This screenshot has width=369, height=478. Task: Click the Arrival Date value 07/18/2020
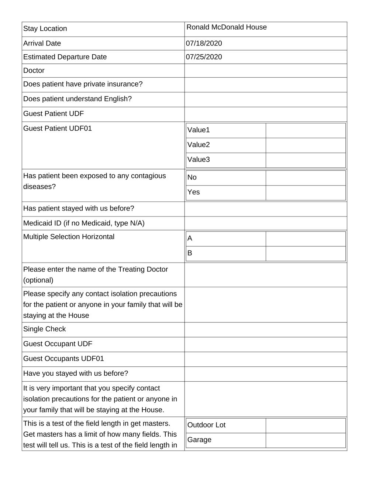coord(204,43)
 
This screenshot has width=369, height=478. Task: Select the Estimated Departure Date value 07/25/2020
coord(204,57)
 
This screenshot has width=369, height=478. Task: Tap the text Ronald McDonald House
coord(227,27)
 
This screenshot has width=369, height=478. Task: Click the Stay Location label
coord(45,29)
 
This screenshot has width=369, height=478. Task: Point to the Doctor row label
coord(34,71)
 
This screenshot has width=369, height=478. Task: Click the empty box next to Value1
coord(306,130)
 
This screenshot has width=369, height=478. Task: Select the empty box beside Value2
coord(306,145)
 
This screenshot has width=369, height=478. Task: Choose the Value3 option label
coord(199,160)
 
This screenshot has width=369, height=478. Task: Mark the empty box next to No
coord(306,178)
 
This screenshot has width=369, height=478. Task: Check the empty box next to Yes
coord(306,192)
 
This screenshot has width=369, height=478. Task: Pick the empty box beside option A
coord(306,239)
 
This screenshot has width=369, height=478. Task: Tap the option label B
coord(190,253)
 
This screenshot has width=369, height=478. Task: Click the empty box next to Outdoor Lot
coord(306,425)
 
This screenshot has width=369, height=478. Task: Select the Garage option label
coord(199,440)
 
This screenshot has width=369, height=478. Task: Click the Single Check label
coord(45,329)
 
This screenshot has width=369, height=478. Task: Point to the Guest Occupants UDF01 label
coord(63,359)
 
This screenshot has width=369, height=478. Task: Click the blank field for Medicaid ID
coord(266,223)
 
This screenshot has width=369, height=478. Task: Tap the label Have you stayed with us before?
coord(76,373)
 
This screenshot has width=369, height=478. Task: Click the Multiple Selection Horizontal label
coord(69,237)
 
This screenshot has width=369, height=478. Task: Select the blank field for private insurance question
coord(266,85)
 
